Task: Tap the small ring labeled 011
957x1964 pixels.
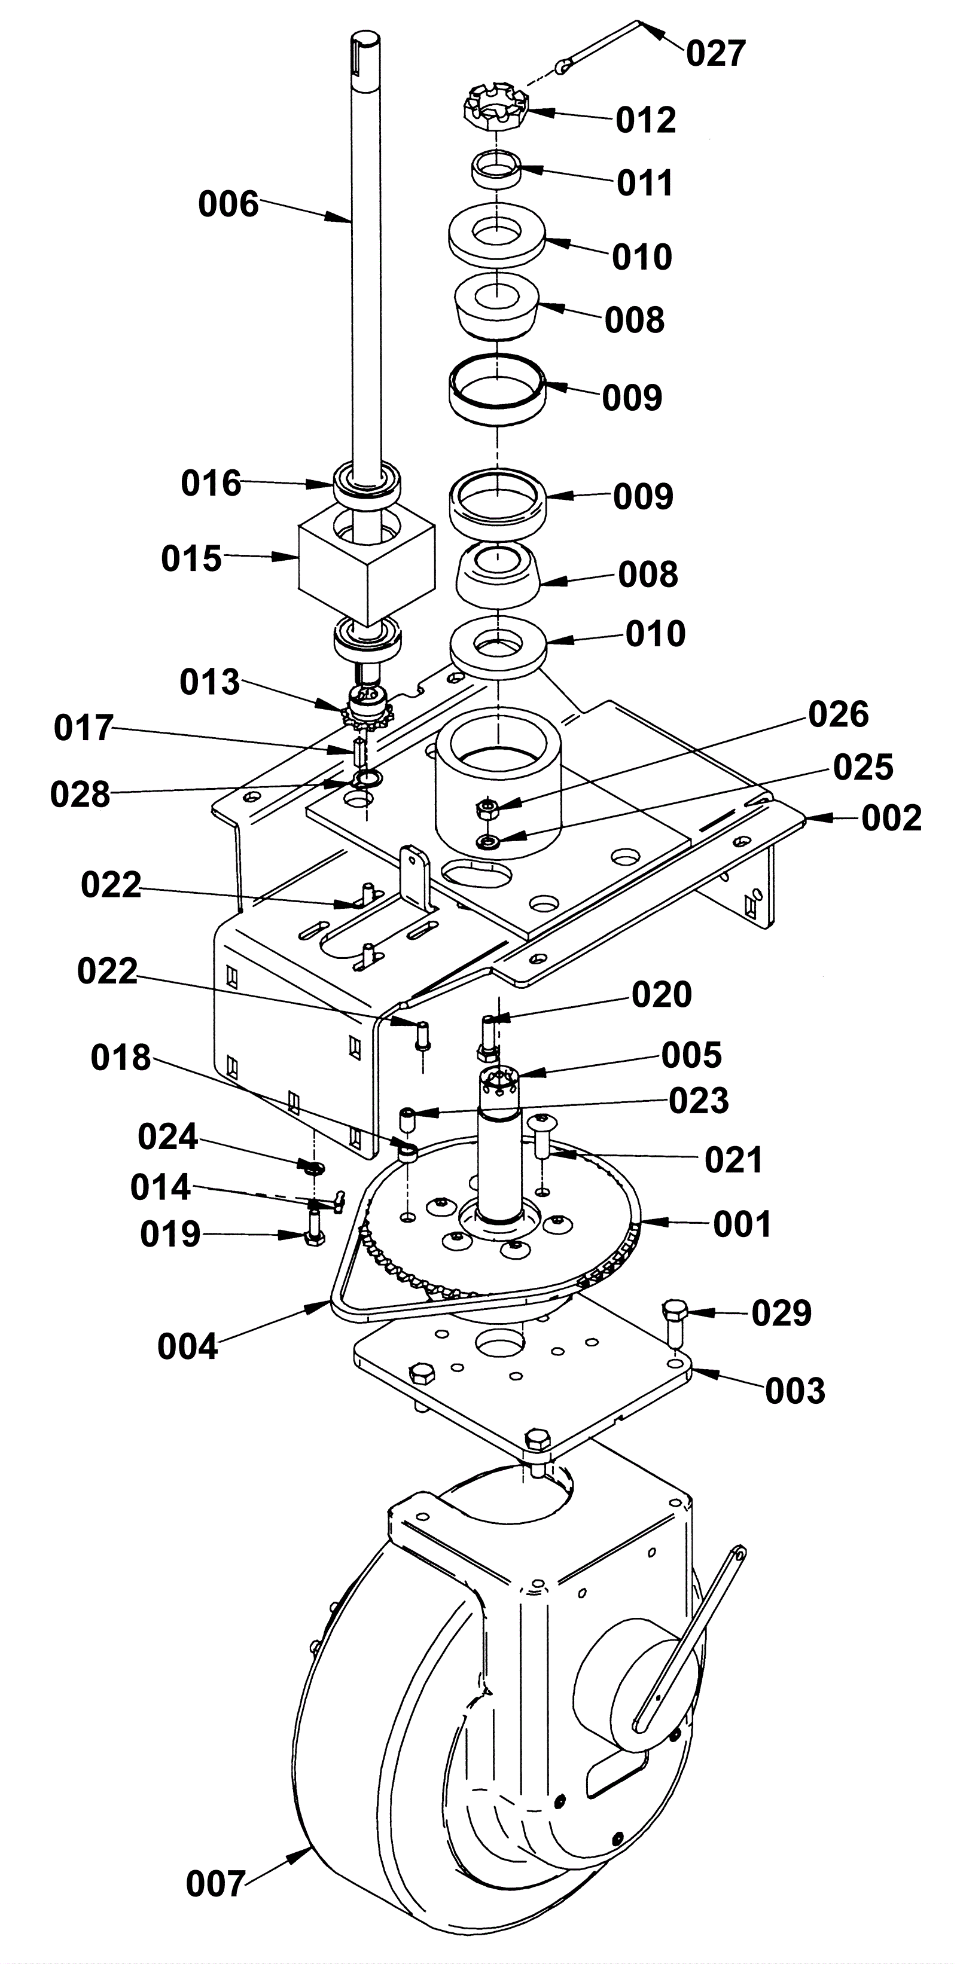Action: tap(496, 169)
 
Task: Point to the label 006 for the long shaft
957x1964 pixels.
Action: tap(228, 205)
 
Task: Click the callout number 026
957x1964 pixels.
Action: tap(839, 715)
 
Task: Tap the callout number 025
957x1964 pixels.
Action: tap(863, 768)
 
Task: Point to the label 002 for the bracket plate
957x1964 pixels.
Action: tap(891, 818)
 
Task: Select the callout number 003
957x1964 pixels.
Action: tap(796, 1391)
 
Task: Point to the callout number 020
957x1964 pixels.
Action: tap(661, 995)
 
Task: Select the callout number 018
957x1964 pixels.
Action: tap(120, 1058)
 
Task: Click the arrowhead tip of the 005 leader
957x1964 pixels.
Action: tap(518, 1075)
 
